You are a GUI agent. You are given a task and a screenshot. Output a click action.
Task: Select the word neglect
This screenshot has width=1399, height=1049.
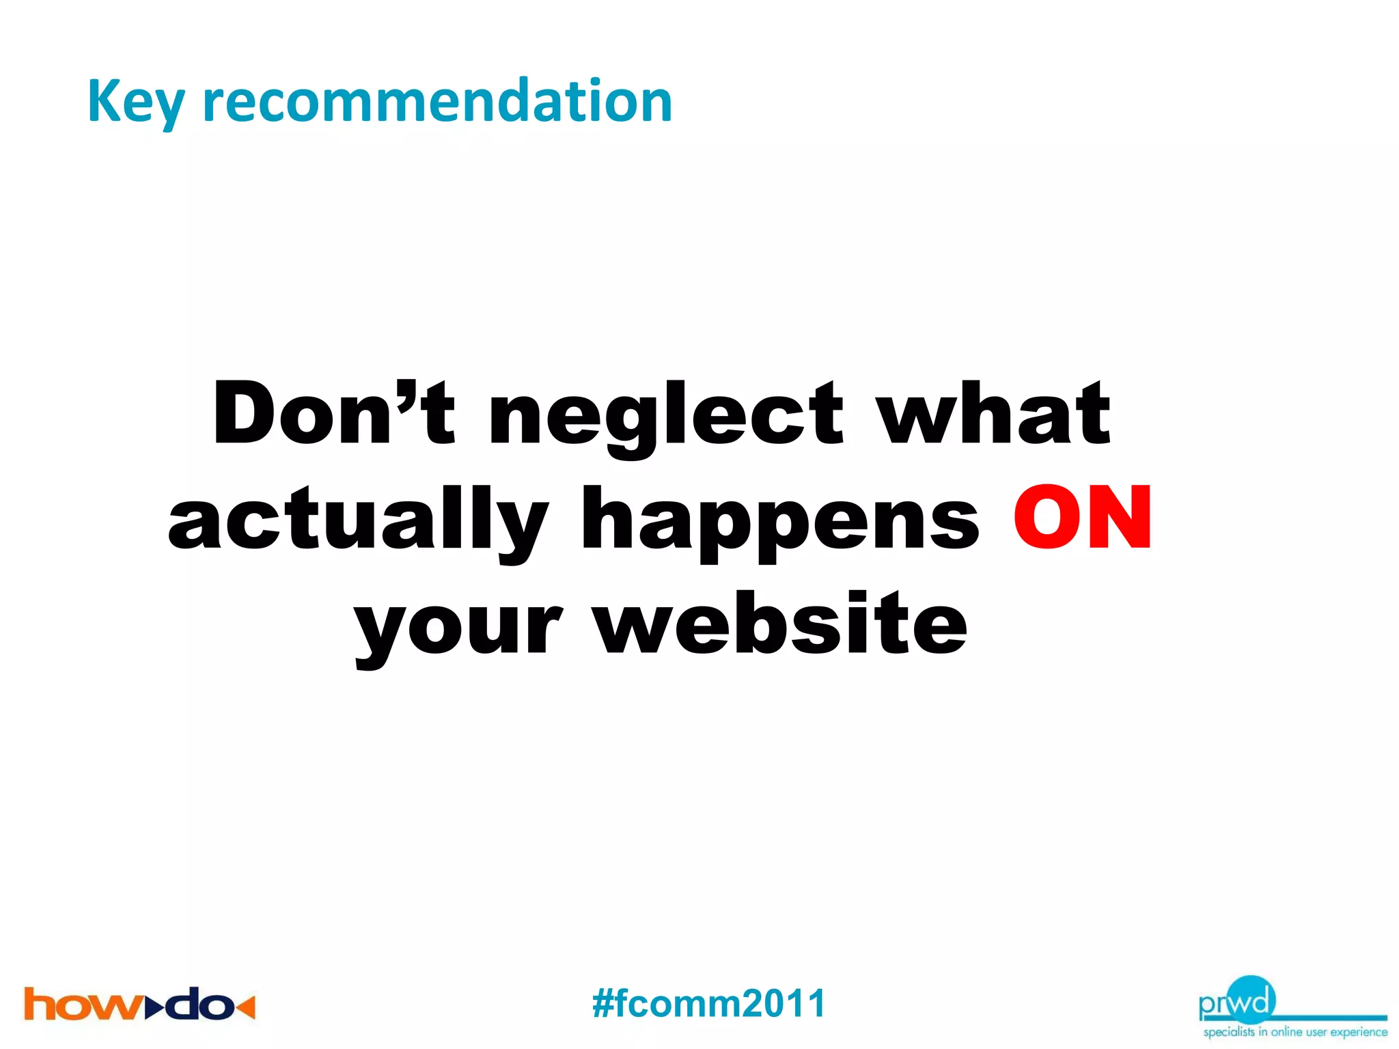click(666, 417)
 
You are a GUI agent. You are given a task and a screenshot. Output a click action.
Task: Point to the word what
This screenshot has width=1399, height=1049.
click(994, 413)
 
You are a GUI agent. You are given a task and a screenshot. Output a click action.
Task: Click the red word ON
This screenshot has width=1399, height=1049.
click(1083, 517)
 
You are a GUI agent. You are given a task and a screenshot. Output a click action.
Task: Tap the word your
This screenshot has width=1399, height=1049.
click(458, 625)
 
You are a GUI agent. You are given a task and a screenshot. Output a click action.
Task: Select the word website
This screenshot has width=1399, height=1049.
click(779, 623)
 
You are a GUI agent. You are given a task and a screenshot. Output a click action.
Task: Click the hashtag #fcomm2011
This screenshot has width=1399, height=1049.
click(709, 1003)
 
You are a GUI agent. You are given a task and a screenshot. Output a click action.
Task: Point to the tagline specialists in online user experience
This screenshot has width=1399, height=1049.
click(1295, 1032)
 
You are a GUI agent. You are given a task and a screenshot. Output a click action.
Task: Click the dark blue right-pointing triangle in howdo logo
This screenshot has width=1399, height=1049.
click(155, 1006)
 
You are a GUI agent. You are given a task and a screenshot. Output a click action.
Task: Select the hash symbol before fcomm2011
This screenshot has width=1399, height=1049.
click(604, 1003)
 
